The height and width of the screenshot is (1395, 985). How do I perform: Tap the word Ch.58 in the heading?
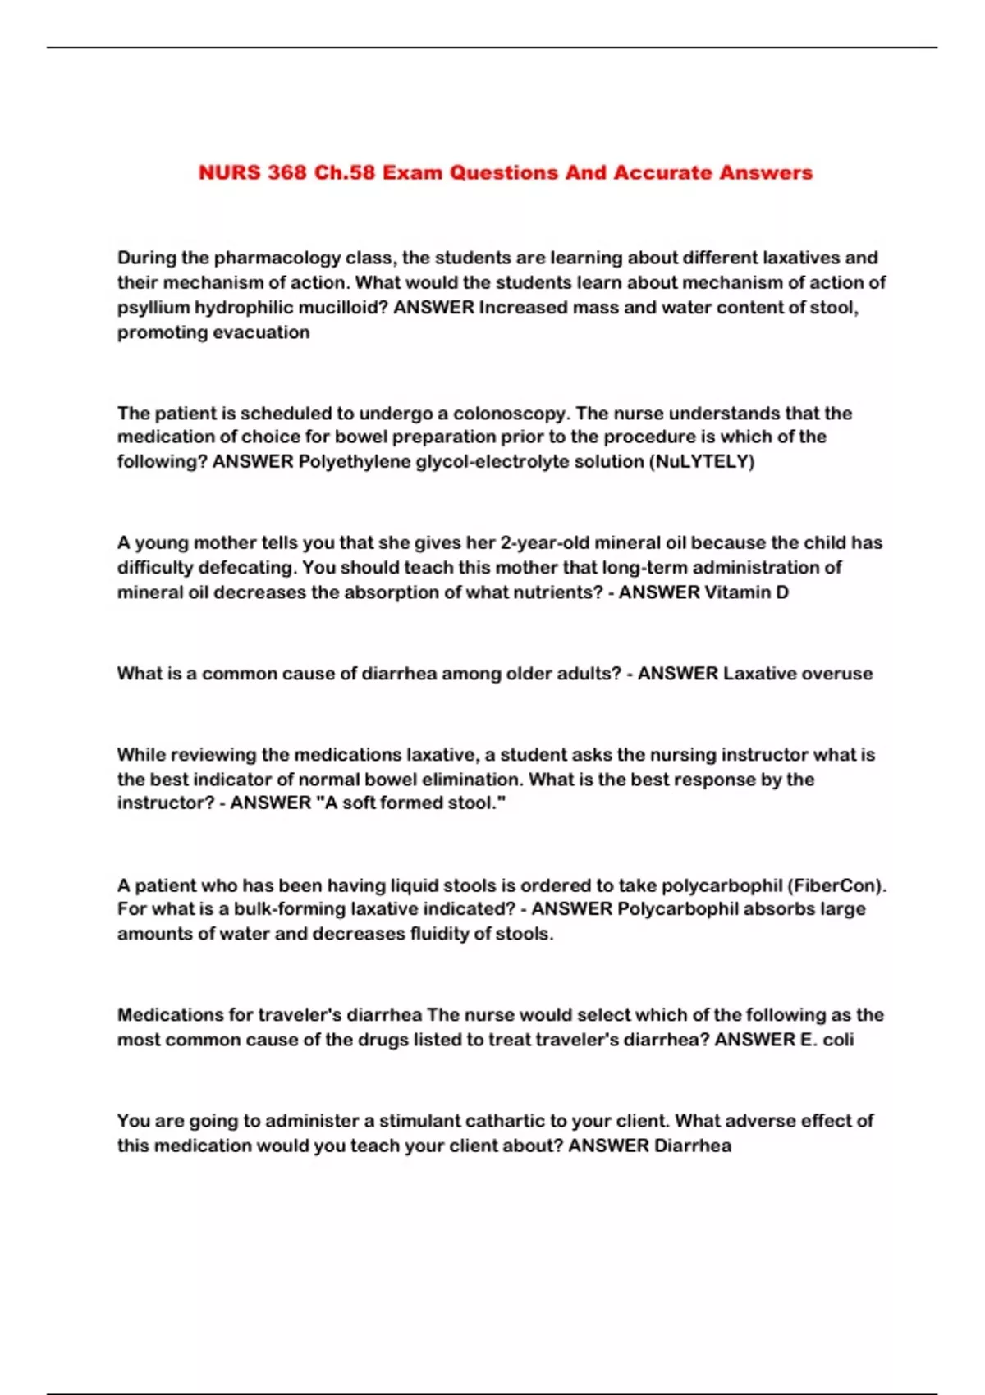point(344,173)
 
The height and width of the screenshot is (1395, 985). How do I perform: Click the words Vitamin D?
point(747,592)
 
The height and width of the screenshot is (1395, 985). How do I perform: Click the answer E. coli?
point(827,1040)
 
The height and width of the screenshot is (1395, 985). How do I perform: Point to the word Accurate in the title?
point(662,173)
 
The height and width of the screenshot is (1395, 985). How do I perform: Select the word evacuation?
point(261,332)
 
